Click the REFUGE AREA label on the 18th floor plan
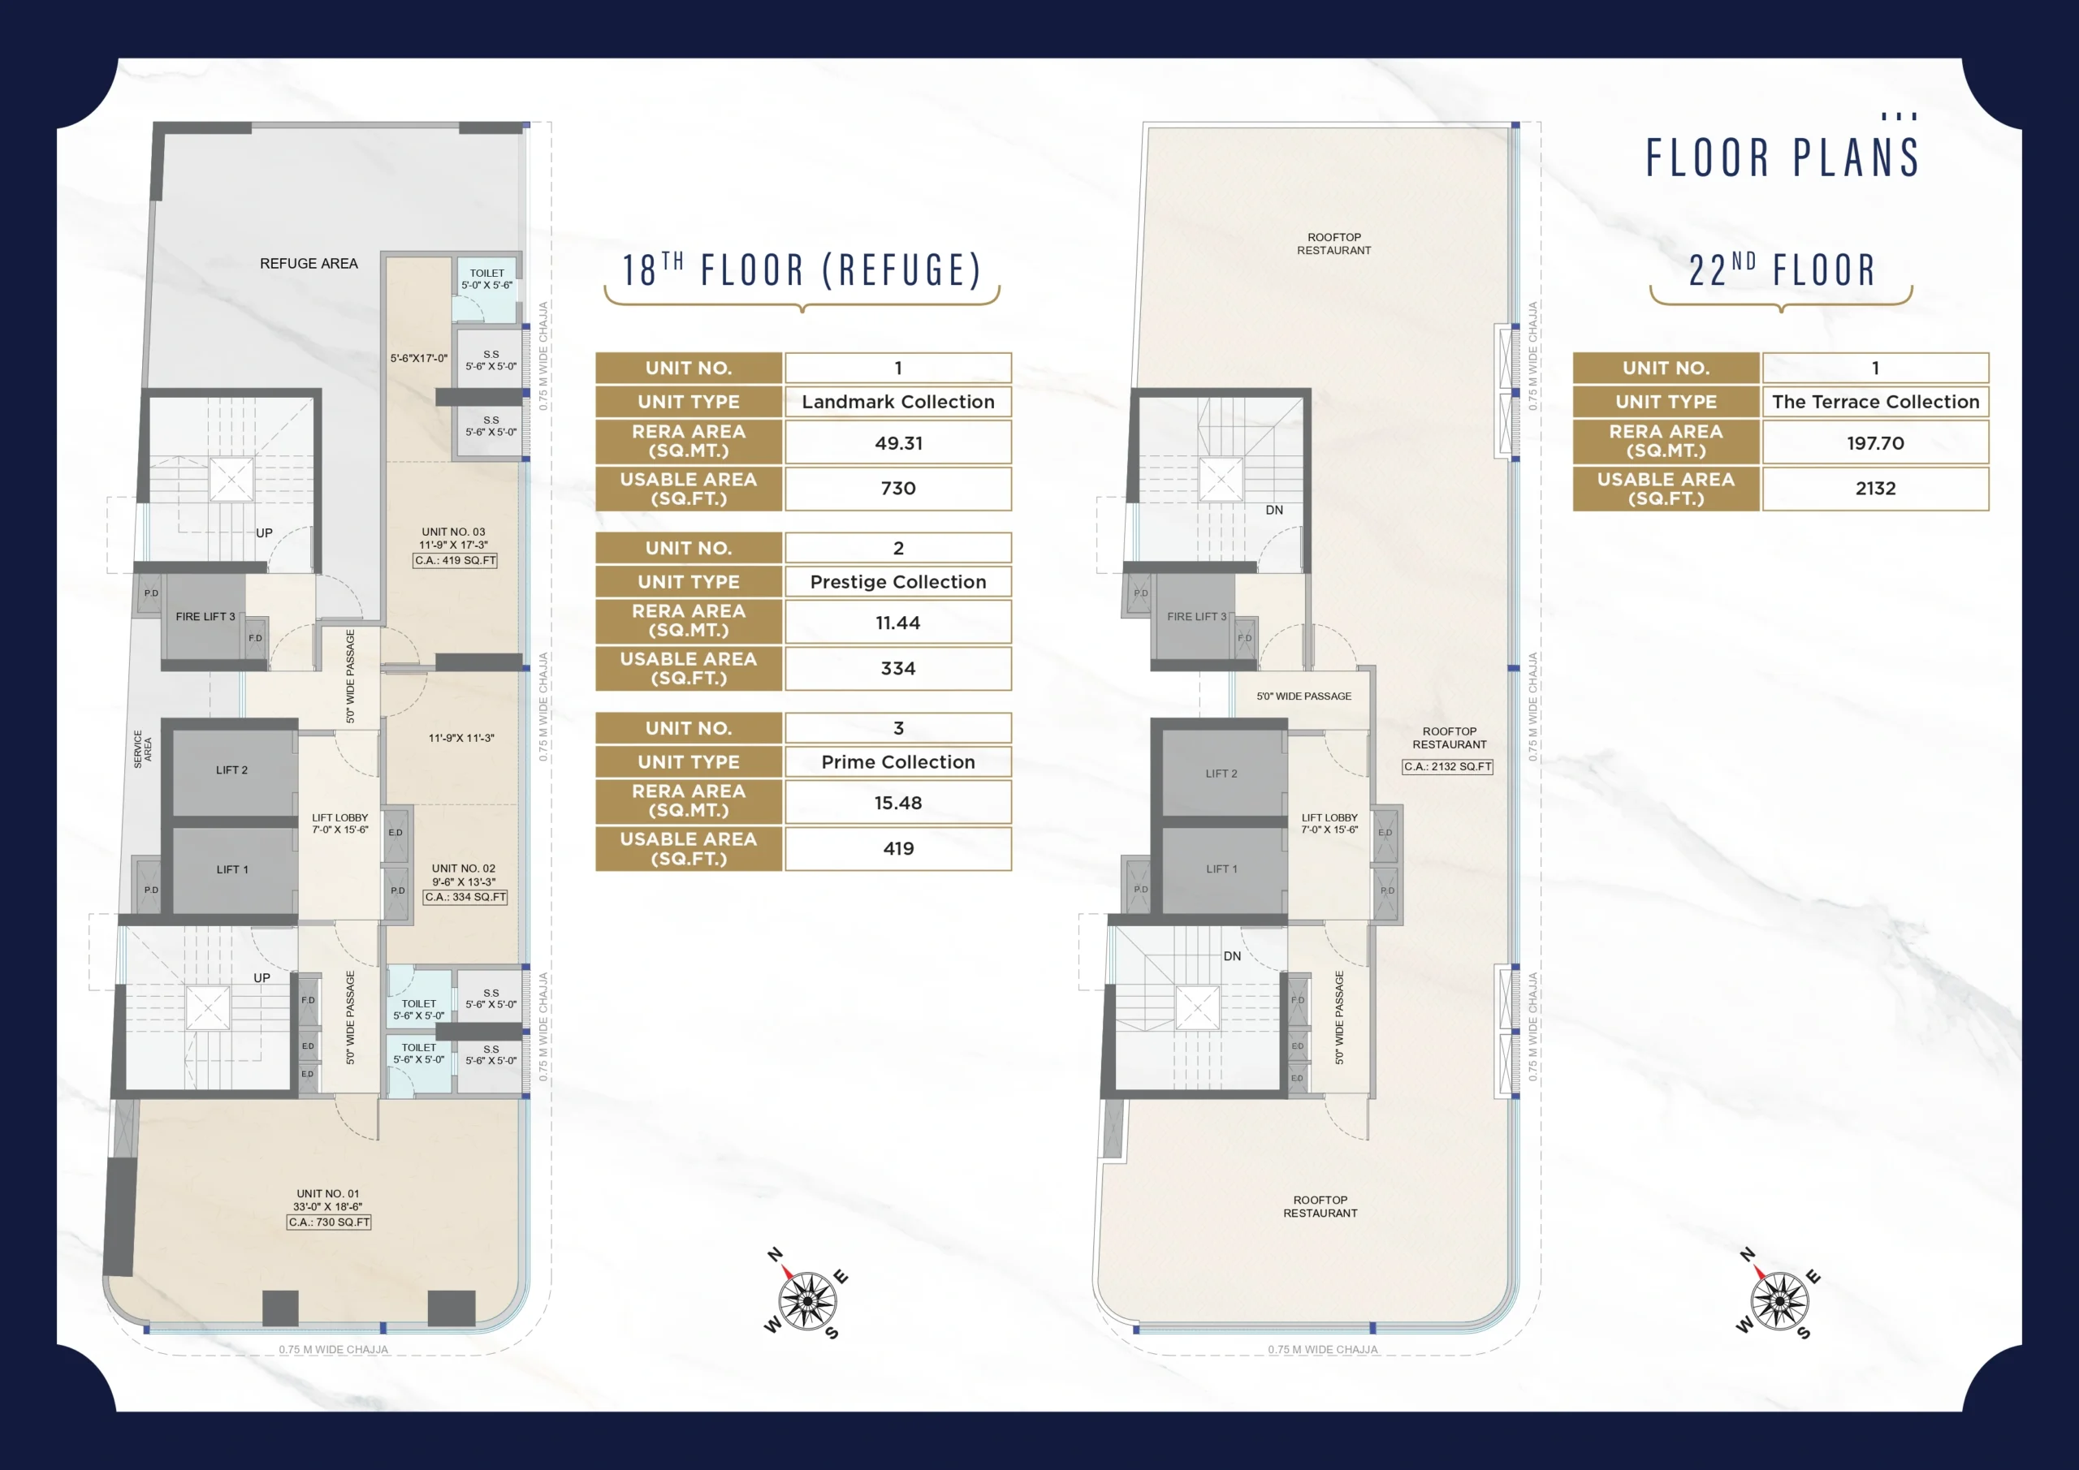(x=309, y=264)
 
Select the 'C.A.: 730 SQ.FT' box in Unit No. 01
(x=329, y=1222)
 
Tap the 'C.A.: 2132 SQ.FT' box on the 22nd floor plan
(x=1447, y=767)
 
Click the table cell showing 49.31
(x=898, y=442)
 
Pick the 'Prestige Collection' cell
(x=898, y=582)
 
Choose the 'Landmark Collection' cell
(x=898, y=402)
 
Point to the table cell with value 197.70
(x=1875, y=442)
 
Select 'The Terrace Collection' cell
(x=1875, y=402)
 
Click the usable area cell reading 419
(x=898, y=848)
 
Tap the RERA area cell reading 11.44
(x=898, y=623)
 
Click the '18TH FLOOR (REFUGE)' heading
(x=802, y=270)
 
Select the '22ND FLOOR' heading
(x=1781, y=270)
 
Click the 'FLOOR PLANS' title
(x=1782, y=157)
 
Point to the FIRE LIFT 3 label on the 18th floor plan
(x=205, y=616)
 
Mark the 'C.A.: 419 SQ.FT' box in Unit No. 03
(x=456, y=560)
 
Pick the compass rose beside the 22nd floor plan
(x=1779, y=1297)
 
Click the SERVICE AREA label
(x=142, y=748)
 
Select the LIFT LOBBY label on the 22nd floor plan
(x=1329, y=824)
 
